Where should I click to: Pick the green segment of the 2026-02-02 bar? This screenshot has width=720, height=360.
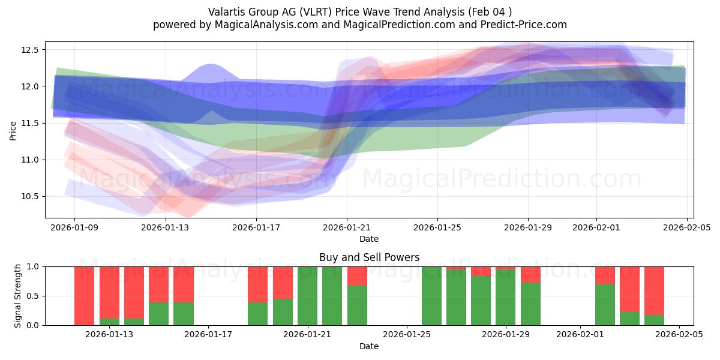[x=605, y=305]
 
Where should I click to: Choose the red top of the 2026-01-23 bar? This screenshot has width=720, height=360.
[x=357, y=276]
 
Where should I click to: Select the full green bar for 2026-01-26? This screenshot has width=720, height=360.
[x=431, y=295]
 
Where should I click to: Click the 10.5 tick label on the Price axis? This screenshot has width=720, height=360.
[x=30, y=197]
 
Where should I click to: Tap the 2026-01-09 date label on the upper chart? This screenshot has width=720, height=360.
[x=74, y=227]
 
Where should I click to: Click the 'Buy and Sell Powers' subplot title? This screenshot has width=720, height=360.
[x=369, y=257]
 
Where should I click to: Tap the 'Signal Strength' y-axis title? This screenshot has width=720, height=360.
[x=18, y=295]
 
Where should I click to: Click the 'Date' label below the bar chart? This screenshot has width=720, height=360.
[x=369, y=346]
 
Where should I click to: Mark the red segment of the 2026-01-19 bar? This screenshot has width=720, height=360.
[x=257, y=284]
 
